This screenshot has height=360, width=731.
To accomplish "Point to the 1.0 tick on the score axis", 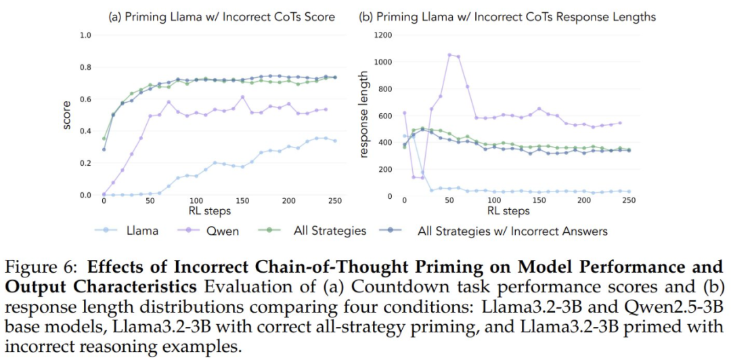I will pyautogui.click(x=86, y=35).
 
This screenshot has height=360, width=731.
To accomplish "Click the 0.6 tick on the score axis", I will pyautogui.click(x=86, y=99).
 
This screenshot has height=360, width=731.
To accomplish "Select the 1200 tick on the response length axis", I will pyautogui.click(x=382, y=35).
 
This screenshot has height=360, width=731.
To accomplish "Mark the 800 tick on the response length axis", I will pyautogui.click(x=384, y=89).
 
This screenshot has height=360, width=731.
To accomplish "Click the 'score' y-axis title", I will pyautogui.click(x=67, y=115).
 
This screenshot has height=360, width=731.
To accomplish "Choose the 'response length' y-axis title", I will pyautogui.click(x=364, y=115).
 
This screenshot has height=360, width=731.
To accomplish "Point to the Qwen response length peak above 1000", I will pyautogui.click(x=449, y=54).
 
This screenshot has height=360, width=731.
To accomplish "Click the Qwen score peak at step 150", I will pyautogui.click(x=242, y=97).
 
